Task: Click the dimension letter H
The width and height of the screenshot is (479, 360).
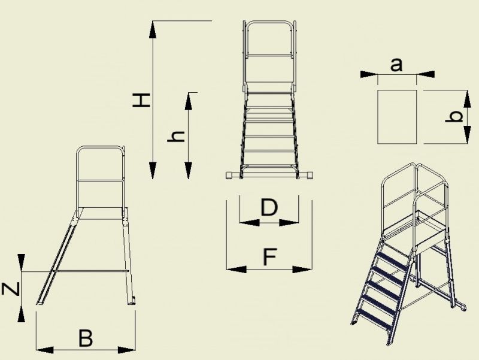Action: (141, 101)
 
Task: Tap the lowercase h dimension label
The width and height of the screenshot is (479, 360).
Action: (176, 137)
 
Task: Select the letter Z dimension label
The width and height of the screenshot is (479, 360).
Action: (11, 289)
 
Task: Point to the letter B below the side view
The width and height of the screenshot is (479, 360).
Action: (86, 338)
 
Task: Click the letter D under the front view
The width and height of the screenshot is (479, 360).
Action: (269, 207)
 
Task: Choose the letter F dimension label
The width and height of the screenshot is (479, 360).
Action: (270, 257)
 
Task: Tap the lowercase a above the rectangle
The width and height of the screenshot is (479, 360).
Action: (396, 65)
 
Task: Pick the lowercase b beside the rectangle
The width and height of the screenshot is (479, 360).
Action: (454, 117)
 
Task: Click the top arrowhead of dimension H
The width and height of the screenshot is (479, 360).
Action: (153, 29)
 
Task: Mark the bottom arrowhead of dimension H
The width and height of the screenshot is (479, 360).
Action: (153, 171)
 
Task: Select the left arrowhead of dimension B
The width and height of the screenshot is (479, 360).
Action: (44, 350)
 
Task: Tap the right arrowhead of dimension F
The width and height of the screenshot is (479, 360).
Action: (302, 270)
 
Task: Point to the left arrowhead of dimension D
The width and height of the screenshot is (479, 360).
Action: (249, 222)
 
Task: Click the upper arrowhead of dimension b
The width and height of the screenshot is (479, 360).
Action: (467, 99)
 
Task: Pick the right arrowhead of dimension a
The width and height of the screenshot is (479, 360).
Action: (425, 74)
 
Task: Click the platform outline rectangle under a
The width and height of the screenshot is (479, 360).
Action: (378, 117)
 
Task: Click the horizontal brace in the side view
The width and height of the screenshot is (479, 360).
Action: (90, 271)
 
